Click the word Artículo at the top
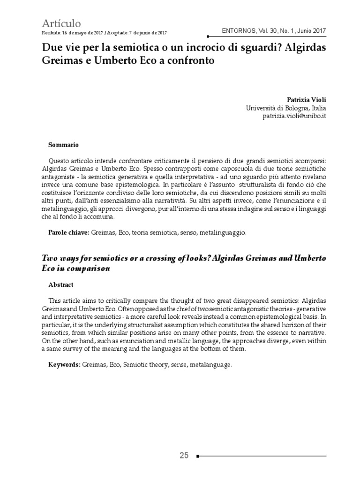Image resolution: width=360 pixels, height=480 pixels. pyautogui.click(x=61, y=23)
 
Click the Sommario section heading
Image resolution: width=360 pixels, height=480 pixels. pyautogui.click(x=63, y=145)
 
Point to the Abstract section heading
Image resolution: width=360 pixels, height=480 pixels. pyautogui.click(x=61, y=285)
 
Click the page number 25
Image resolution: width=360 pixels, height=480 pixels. pyautogui.click(x=184, y=455)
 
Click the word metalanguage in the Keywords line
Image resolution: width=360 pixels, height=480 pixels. pyautogui.click(x=212, y=364)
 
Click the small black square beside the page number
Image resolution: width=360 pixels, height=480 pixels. pyautogui.click(x=198, y=456)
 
